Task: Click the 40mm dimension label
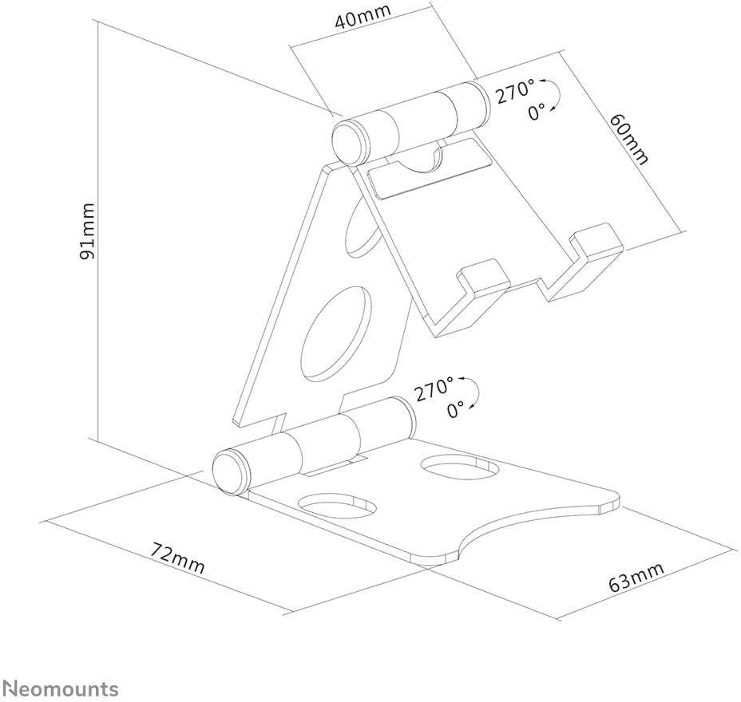click(363, 17)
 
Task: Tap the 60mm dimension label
click(628, 140)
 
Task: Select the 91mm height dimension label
click(87, 231)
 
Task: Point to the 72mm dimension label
click(178, 558)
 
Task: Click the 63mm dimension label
click(636, 577)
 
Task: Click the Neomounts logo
click(61, 688)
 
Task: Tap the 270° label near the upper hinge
click(515, 91)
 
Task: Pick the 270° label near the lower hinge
click(434, 388)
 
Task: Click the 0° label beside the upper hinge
click(537, 112)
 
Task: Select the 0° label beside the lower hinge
click(456, 408)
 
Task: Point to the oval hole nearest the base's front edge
click(338, 506)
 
